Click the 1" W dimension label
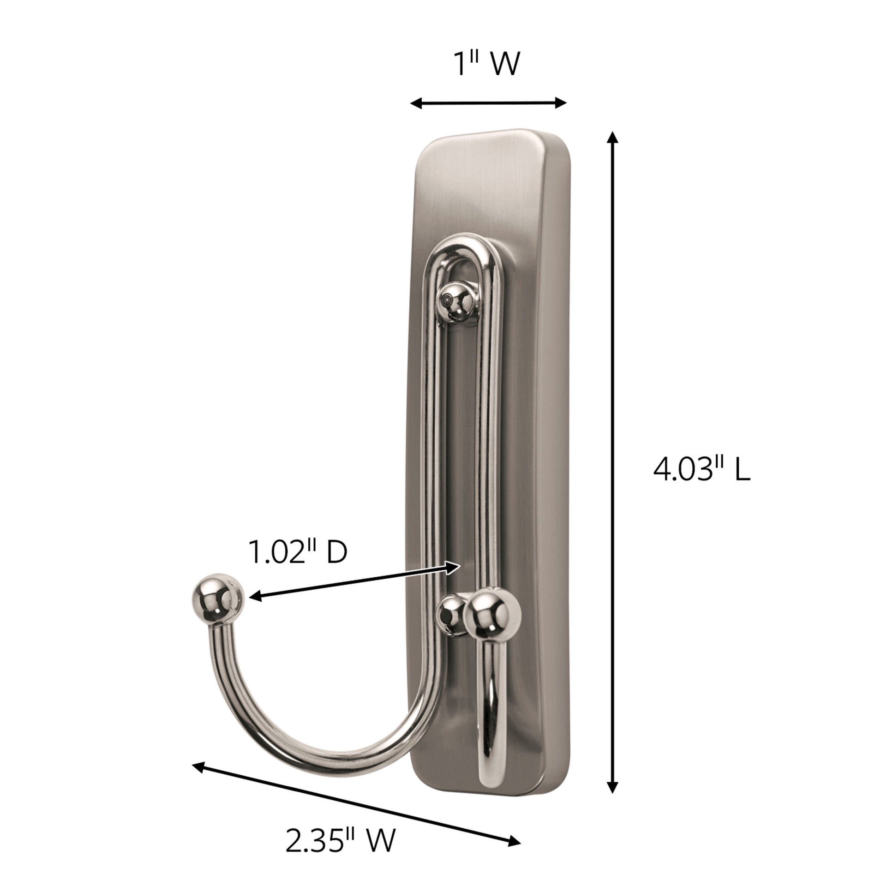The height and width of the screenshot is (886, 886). coord(487,65)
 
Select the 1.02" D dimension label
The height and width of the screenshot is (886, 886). coord(298,552)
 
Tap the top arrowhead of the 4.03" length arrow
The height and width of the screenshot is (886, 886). coord(612,138)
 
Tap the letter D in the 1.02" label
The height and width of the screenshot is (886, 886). coord(336,552)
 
